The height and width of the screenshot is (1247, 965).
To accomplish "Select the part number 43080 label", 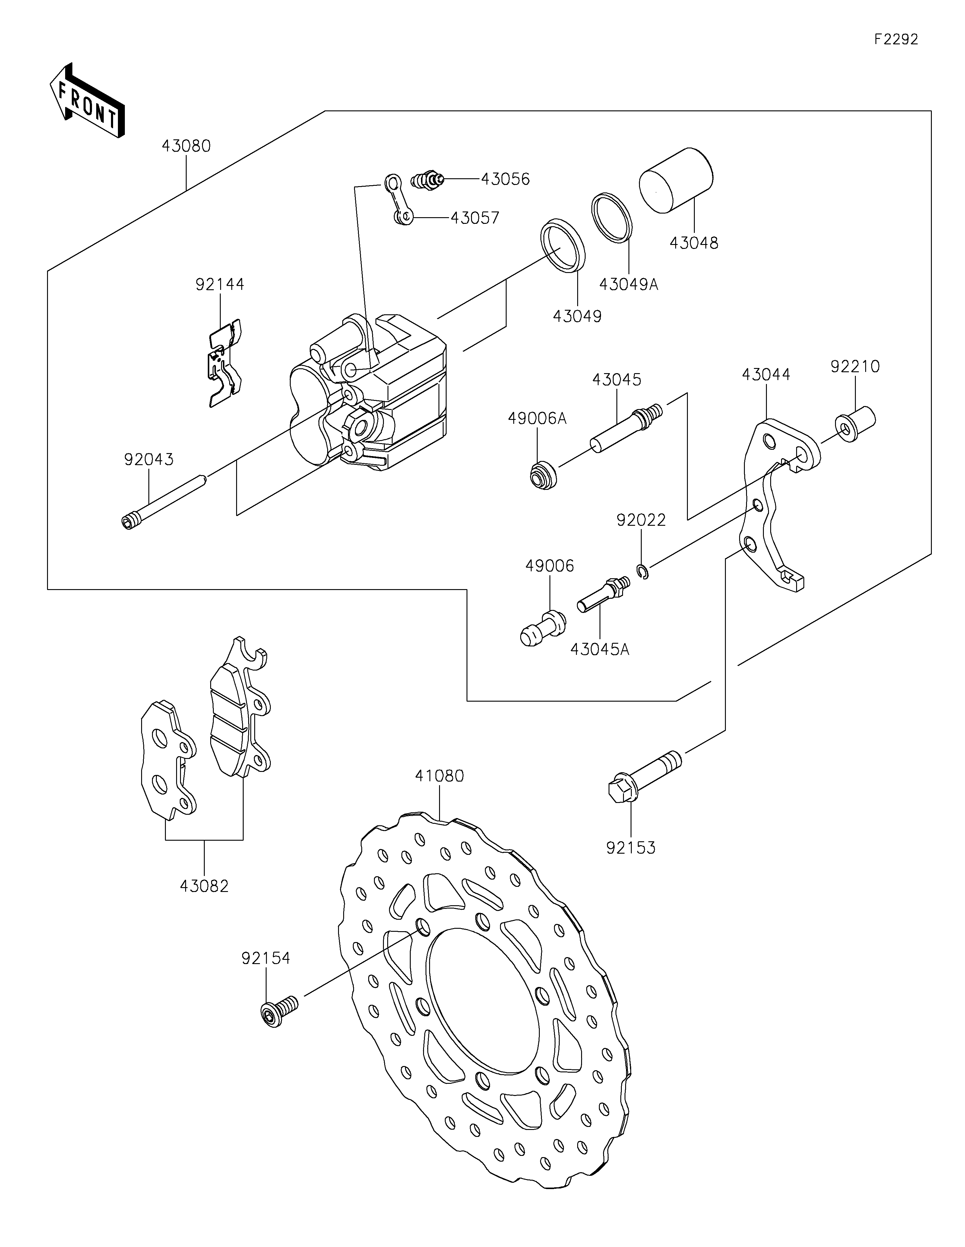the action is pos(186,146).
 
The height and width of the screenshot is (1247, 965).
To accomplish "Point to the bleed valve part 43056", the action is pos(427,180).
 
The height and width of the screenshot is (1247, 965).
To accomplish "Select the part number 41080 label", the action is pos(439,776).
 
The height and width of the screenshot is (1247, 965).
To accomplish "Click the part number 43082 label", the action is pos(204,886).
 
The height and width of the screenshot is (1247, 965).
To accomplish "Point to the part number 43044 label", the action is pos(766,375).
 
